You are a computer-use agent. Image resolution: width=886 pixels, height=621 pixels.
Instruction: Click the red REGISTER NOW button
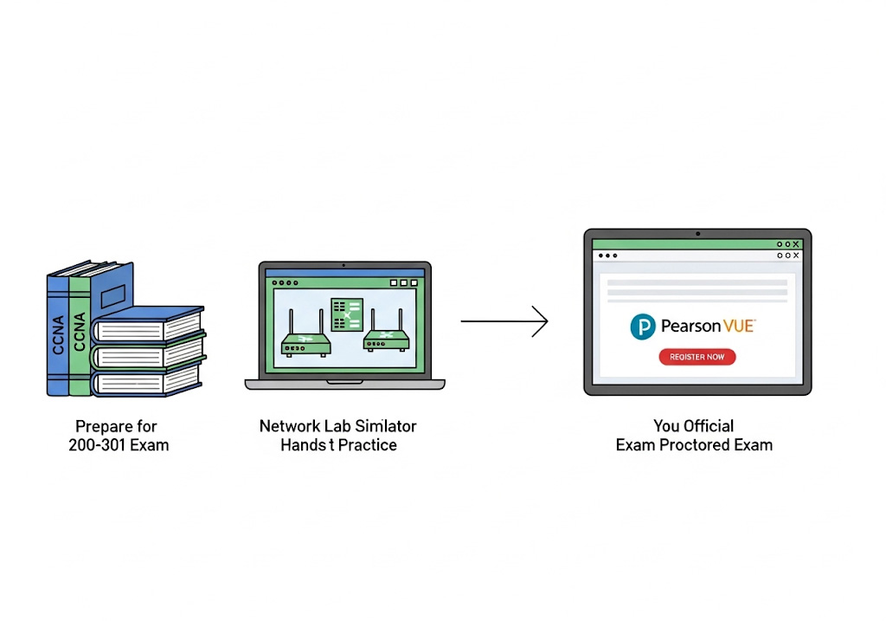coord(697,357)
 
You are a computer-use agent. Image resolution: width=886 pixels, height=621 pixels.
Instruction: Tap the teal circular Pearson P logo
coord(643,327)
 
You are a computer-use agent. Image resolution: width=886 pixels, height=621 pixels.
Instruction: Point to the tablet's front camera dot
coord(697,234)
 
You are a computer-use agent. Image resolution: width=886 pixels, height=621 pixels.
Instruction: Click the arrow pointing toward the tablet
coord(504,321)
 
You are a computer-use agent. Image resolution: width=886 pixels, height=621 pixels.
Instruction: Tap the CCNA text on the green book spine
coord(80,331)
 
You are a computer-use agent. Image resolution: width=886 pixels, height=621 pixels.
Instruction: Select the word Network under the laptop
coord(288,426)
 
